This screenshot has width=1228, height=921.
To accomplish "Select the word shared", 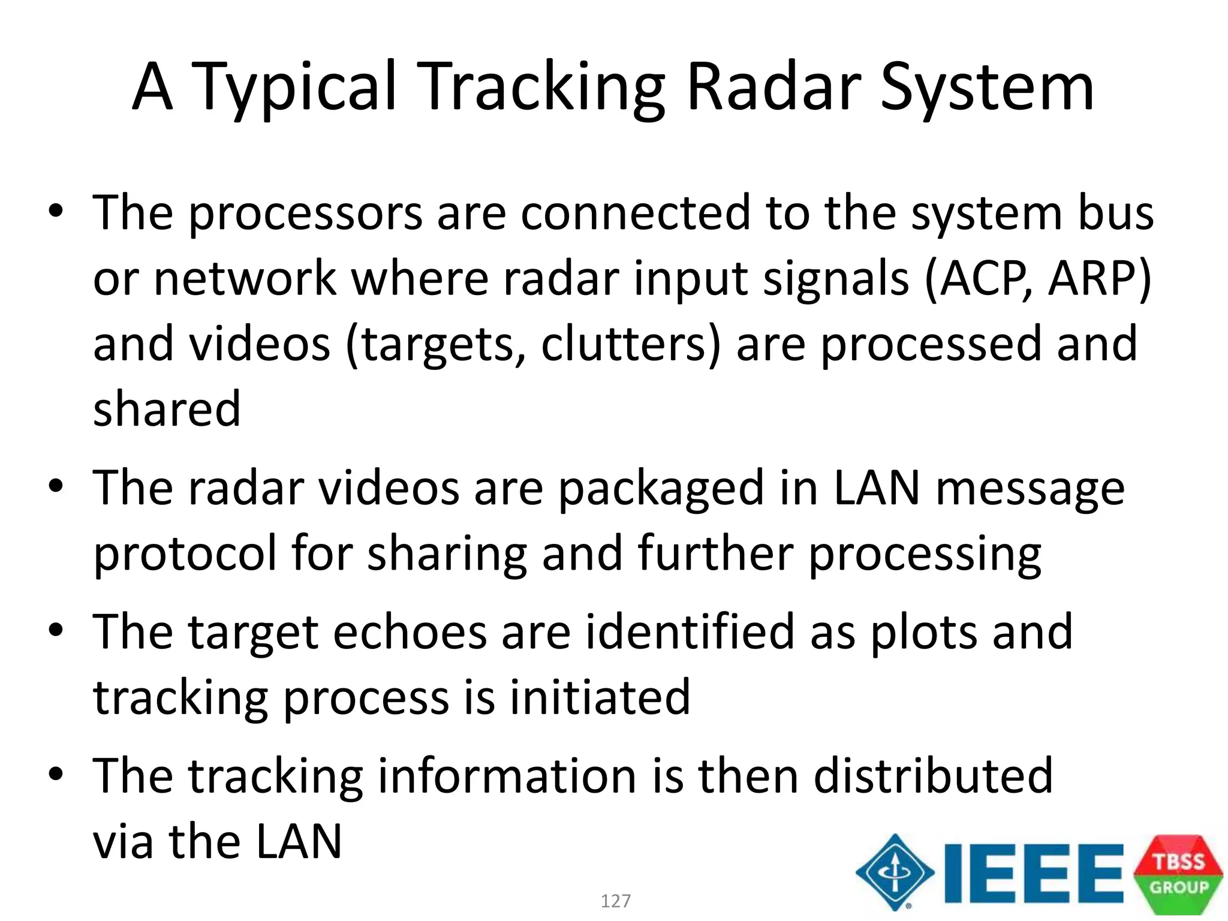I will pos(167,409).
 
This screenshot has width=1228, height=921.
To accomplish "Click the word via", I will pos(123,842).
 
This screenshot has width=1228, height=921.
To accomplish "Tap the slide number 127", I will pos(615,901).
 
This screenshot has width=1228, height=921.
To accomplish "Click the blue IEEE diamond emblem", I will pos(895,872).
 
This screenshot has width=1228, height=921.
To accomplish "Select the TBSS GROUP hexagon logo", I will pos(1178,874).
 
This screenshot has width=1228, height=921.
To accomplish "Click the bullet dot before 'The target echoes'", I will pos(56,631).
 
